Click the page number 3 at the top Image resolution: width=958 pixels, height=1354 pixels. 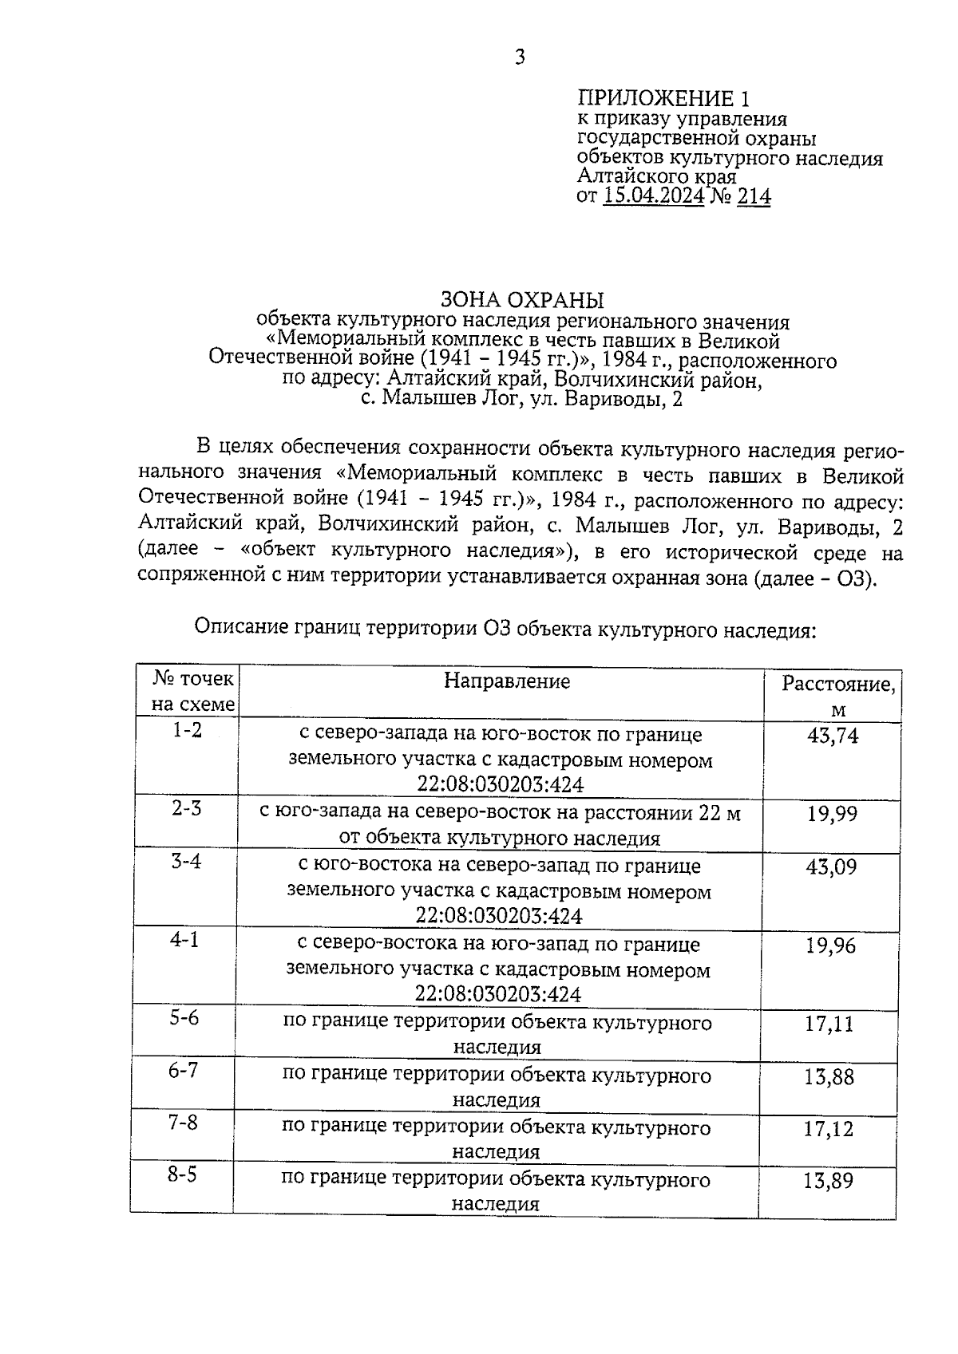[x=520, y=57]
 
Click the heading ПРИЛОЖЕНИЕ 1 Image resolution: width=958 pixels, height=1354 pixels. [x=664, y=99]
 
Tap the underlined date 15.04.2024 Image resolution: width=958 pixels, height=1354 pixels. [x=654, y=196]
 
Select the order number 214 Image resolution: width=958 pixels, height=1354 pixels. [x=754, y=196]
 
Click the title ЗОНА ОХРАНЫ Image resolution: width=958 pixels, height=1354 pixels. [x=523, y=301]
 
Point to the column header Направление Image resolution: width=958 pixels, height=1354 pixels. [x=507, y=681]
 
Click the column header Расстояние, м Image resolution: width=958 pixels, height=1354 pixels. [x=837, y=695]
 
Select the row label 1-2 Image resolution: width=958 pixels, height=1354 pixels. [x=187, y=730]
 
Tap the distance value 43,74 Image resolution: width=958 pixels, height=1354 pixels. [x=833, y=736]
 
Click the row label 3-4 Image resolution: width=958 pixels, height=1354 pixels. [x=186, y=862]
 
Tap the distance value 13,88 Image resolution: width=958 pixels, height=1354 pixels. [x=829, y=1077]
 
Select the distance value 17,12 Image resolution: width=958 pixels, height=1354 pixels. [x=829, y=1129]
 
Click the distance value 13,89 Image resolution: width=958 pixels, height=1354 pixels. [x=828, y=1181]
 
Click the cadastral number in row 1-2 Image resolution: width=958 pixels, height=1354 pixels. [x=500, y=784]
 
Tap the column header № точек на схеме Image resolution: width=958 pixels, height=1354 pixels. [x=194, y=691]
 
